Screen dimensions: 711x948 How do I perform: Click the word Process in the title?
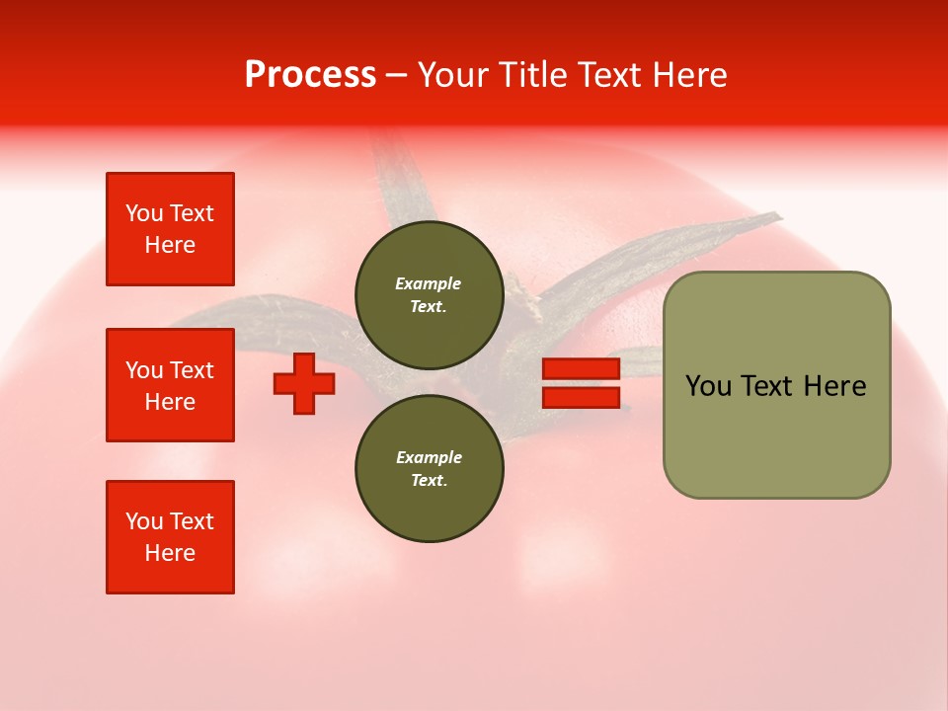[310, 75]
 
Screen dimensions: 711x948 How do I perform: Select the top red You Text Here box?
[170, 229]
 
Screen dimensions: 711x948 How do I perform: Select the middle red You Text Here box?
[170, 385]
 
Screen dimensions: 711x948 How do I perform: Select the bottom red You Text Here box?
[170, 537]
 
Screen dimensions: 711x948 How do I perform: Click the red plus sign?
[304, 383]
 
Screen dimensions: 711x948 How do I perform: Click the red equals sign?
[581, 383]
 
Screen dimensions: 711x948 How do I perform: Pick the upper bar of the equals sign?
[581, 369]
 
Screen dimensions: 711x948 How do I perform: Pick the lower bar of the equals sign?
[581, 397]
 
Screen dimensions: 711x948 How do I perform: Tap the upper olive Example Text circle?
[429, 294]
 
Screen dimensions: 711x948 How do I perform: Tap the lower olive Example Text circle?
[429, 468]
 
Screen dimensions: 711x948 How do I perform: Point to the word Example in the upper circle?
[429, 283]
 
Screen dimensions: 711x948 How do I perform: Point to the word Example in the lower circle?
[429, 457]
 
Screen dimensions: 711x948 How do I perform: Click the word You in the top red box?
[144, 213]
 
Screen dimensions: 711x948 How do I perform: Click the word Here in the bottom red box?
[170, 553]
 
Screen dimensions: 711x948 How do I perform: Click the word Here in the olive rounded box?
[834, 386]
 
